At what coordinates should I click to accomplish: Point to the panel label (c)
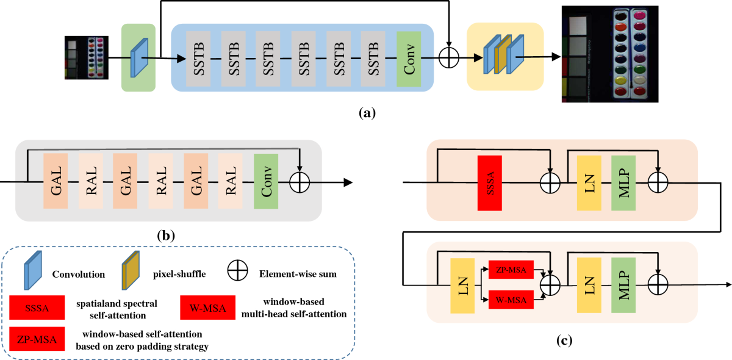(x=563, y=340)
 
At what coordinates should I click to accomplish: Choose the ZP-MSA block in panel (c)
(x=511, y=270)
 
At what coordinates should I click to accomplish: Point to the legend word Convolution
(x=77, y=274)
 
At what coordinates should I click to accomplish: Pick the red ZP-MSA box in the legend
(x=38, y=339)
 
